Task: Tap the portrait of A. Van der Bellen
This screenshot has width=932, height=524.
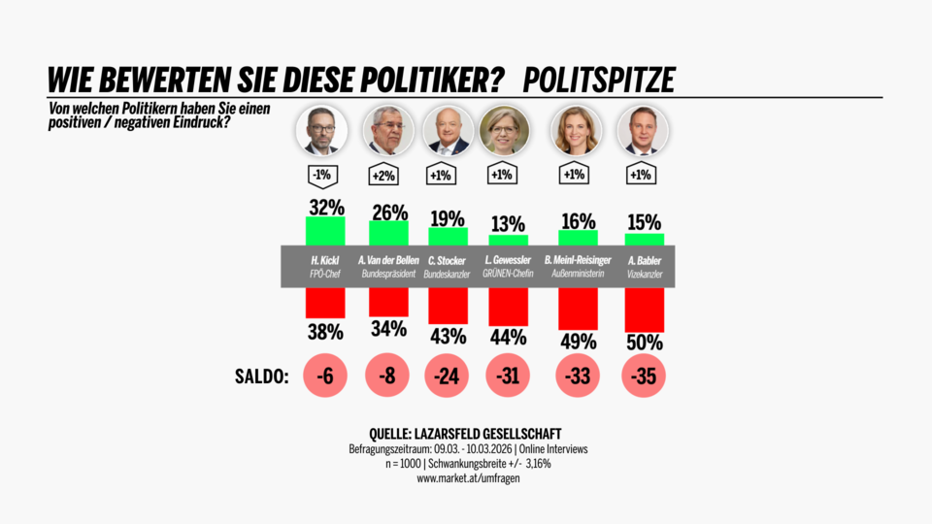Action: (x=388, y=131)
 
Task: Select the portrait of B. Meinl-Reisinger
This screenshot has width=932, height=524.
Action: (x=577, y=131)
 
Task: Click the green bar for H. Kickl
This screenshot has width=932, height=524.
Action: (x=325, y=231)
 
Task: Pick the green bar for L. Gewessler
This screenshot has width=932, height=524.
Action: (x=509, y=240)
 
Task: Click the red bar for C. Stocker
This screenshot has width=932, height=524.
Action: (x=448, y=304)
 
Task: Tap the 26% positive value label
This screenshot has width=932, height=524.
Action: (x=389, y=211)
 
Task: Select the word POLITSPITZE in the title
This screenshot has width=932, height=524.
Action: (x=598, y=80)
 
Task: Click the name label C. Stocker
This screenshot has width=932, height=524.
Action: (x=448, y=260)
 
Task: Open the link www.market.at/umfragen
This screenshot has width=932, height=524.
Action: (x=466, y=478)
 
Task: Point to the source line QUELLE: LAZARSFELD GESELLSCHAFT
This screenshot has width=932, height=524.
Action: (x=466, y=433)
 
